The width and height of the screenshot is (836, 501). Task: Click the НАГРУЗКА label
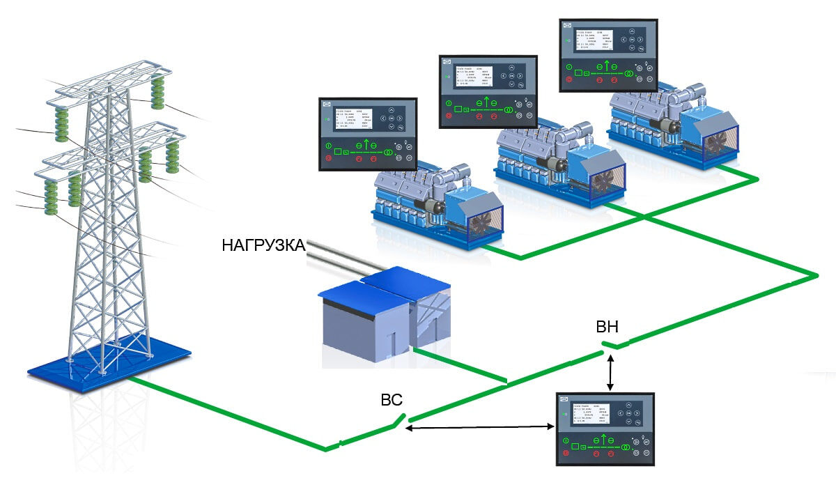[263, 245]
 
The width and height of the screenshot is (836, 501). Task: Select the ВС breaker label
[392, 400]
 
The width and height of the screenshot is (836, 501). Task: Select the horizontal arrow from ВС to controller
[480, 427]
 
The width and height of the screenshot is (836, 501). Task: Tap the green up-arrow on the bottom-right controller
[607, 437]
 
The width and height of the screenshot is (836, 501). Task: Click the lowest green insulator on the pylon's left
[51, 198]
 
